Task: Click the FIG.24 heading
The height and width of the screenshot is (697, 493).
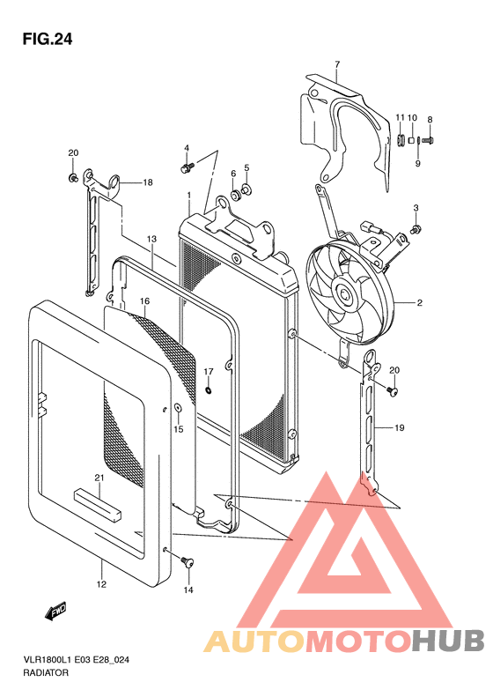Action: click(47, 40)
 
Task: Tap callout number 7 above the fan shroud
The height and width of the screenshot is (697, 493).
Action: click(337, 64)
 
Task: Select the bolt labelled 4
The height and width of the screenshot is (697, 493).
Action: click(187, 168)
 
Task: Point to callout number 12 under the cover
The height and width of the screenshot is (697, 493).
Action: click(101, 583)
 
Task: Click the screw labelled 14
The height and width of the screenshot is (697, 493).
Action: click(187, 562)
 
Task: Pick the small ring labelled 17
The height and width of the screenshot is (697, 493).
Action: click(209, 390)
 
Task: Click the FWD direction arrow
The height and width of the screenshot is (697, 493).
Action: click(56, 611)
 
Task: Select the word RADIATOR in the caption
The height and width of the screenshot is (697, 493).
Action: click(46, 672)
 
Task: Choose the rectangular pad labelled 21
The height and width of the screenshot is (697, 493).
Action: click(98, 505)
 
